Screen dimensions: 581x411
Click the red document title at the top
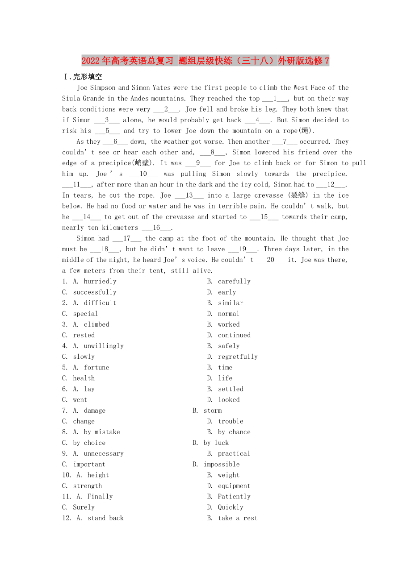click(205, 61)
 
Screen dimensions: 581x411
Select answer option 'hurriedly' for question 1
click(100, 281)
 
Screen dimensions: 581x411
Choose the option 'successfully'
click(95, 292)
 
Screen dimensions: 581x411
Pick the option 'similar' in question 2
click(231, 303)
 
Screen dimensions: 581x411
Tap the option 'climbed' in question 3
click(96, 324)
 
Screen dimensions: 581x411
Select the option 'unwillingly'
click(104, 346)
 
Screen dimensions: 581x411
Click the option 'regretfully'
click(238, 357)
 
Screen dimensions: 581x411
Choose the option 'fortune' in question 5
click(96, 367)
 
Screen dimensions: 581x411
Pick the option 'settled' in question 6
click(231, 389)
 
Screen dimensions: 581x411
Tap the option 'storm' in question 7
click(213, 411)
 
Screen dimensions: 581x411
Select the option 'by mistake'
click(102, 432)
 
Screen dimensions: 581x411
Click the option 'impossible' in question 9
click(222, 464)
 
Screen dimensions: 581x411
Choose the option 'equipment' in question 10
click(234, 486)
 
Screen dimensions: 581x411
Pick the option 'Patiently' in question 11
click(234, 496)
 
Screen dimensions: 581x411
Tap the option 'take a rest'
click(238, 518)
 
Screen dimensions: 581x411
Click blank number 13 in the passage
click(189, 195)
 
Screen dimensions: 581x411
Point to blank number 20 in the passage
click(270, 260)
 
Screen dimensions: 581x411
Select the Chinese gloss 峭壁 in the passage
click(143, 163)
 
